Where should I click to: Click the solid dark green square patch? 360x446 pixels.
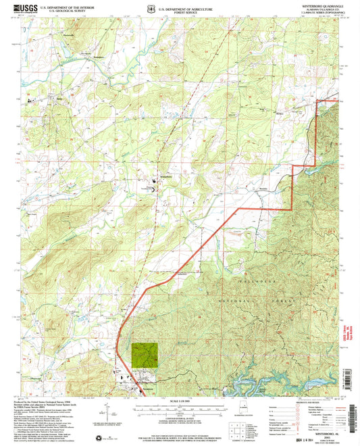click(x=145, y=354)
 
